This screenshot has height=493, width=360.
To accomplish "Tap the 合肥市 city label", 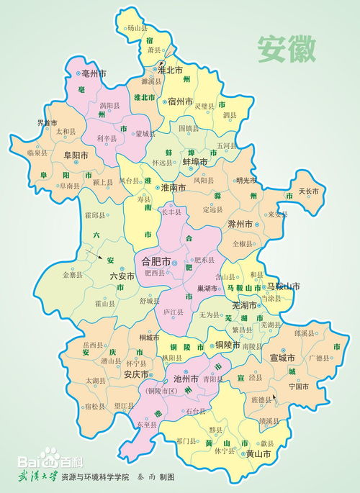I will [x=156, y=261].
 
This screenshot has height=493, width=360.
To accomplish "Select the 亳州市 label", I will [x=93, y=74].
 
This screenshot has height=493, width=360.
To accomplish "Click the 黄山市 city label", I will [x=258, y=454].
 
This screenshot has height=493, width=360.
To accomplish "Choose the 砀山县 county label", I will [x=136, y=29].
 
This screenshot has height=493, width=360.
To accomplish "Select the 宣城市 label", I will [x=283, y=357].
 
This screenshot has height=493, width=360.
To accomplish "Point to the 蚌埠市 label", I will [x=195, y=163].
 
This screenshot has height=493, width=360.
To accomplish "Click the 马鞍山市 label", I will [x=284, y=286].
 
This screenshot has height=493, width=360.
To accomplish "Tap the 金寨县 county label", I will [x=73, y=275].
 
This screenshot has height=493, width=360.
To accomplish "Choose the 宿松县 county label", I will [x=95, y=406].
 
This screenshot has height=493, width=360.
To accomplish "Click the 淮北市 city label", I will [x=171, y=71].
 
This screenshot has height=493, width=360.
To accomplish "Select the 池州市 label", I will [x=186, y=378].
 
